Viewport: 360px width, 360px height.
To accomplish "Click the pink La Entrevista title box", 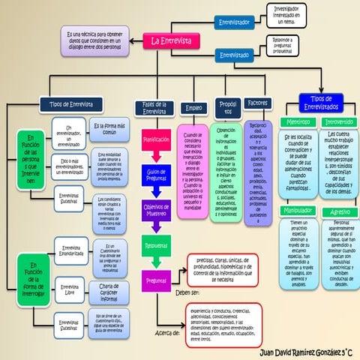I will [x=171, y=40].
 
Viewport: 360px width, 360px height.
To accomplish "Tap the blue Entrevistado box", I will [x=234, y=55].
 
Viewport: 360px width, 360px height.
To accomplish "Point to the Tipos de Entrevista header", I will [x=72, y=104].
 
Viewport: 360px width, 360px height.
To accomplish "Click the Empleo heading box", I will [x=194, y=108].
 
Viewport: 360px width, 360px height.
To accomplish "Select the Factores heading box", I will [x=258, y=103].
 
